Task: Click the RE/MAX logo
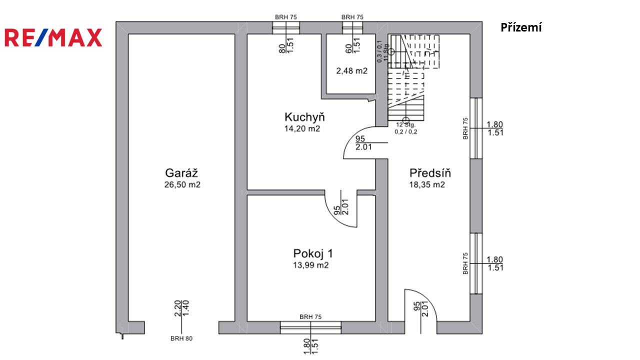point(53,37)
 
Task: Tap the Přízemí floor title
point(521,28)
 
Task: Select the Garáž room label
point(182,173)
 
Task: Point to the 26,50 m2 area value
point(182,184)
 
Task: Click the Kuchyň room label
point(304,117)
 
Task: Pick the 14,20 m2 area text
point(302,128)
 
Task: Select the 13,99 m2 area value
point(310,265)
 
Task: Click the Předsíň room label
point(430,173)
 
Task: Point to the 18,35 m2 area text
point(427,184)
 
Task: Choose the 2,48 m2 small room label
point(351,71)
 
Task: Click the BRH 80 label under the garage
point(181,338)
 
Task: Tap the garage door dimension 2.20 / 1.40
point(181,308)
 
